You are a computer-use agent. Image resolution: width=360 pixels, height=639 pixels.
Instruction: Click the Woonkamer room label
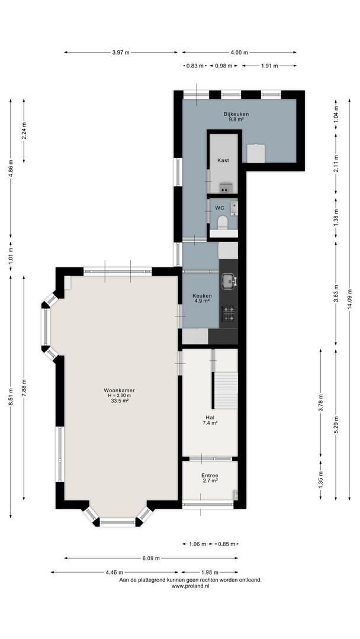coord(119,390)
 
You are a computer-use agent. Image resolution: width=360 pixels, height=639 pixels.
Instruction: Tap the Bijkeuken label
coord(236,114)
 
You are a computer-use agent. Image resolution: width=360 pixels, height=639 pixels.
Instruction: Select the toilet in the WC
coord(223,222)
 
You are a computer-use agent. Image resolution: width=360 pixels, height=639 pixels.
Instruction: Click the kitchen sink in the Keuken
coord(229,281)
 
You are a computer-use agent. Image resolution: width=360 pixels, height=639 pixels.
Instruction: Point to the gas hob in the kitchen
coord(229,314)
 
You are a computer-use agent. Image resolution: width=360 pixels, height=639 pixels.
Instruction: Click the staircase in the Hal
coord(226,390)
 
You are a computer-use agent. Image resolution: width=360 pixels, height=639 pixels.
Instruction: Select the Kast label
coord(223,160)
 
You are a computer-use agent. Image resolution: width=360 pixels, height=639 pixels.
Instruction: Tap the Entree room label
coord(210,476)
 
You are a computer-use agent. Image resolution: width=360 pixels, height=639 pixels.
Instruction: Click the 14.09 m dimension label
coord(349,299)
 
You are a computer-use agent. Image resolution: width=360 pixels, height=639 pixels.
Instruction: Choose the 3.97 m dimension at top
coord(121,52)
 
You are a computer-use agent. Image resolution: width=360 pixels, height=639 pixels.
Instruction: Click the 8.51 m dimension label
coord(11,397)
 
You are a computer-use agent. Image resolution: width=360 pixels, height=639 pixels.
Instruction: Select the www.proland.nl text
coord(191,586)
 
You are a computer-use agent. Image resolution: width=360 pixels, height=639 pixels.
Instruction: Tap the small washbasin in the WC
coord(233,207)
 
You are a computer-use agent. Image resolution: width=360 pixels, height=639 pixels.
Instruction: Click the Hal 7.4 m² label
coord(210,420)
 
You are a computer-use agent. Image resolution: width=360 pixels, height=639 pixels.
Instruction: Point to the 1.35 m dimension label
coord(321,480)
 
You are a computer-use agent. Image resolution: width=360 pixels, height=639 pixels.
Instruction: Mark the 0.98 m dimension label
coord(224,66)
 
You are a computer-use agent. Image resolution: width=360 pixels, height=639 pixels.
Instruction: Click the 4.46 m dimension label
coord(114,572)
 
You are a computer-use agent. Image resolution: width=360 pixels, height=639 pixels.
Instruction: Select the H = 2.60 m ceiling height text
coord(119,395)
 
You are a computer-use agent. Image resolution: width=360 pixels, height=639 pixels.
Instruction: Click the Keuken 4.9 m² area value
coord(202,301)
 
